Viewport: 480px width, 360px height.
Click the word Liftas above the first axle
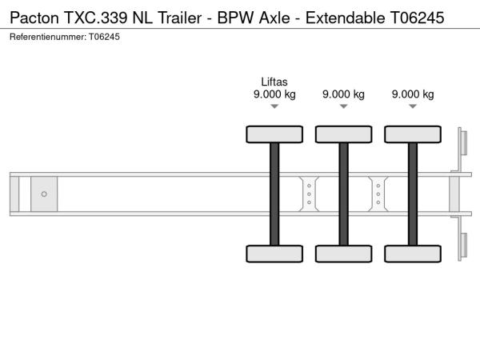pos(274,82)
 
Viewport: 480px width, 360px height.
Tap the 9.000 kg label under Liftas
pos(274,94)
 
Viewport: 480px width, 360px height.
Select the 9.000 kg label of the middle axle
pos(343,94)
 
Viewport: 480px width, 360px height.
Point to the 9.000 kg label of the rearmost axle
pos(413,94)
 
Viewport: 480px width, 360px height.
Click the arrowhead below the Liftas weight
pos(274,106)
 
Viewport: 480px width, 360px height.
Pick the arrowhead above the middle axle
pos(343,106)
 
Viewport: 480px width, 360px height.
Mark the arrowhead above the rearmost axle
pos(413,106)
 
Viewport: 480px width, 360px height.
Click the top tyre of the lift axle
pos(274,134)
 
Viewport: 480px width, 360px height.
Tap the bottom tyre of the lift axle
pos(274,254)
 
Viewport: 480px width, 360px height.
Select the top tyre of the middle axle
pos(344,134)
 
